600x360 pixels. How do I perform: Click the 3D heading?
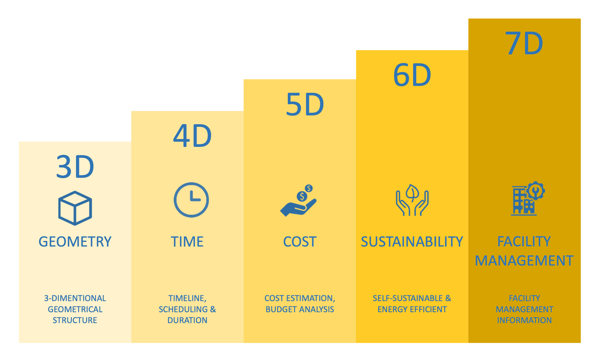coord(75,167)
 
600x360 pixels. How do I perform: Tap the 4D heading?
coord(192,136)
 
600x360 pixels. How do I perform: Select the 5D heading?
coord(305,104)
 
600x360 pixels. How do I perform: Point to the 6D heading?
coord(412,75)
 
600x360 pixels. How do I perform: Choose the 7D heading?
coord(524,43)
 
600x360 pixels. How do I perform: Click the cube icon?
coord(75,208)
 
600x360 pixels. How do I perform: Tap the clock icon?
coord(191,200)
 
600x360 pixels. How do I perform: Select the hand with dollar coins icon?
coord(298,200)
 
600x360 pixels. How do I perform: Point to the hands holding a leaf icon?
coord(412,200)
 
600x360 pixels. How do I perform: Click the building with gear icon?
coord(528,198)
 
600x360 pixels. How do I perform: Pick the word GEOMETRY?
coord(75,242)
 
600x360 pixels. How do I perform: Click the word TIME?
coord(187,242)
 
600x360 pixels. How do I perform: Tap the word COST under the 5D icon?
coord(300,242)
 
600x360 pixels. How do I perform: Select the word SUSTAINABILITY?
coord(412,242)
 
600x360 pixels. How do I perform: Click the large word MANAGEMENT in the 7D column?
coord(524,261)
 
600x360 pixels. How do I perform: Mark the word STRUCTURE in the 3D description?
coord(75,320)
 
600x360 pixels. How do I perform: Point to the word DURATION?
coord(187,320)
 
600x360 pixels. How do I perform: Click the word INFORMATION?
coord(524,320)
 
